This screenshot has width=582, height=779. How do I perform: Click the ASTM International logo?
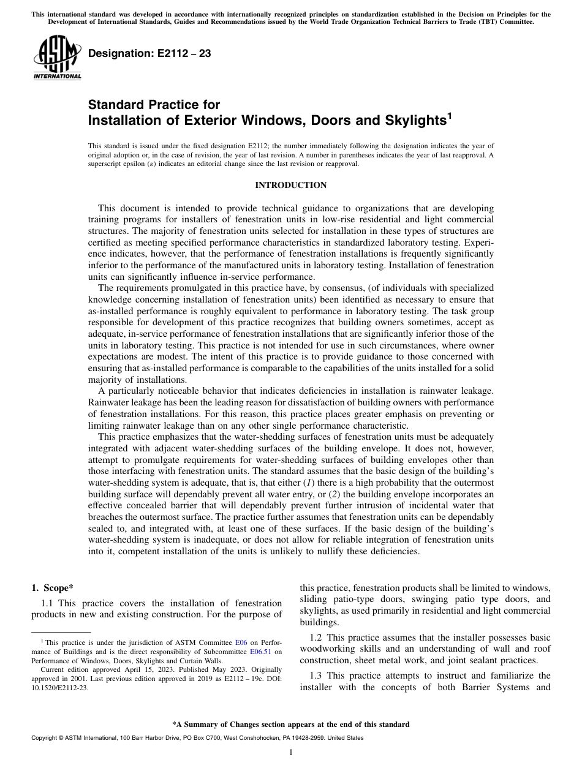pyautogui.click(x=57, y=58)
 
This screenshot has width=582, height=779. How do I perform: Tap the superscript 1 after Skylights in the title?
pyautogui.click(x=449, y=115)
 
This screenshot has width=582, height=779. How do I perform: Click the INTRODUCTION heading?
pyautogui.click(x=290, y=185)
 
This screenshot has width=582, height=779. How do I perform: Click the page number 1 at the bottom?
pyautogui.click(x=291, y=753)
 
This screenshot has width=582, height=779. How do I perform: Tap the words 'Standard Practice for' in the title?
pyautogui.click(x=154, y=105)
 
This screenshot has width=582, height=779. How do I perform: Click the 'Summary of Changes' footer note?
pyautogui.click(x=290, y=724)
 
